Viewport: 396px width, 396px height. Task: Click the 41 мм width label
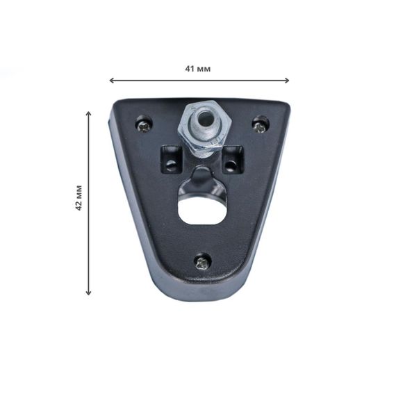point(198,69)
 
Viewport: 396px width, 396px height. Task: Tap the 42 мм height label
point(79,198)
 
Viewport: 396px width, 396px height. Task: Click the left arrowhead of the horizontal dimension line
point(111,81)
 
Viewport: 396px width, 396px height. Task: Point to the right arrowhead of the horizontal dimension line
point(286,81)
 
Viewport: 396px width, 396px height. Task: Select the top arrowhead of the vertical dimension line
point(88,113)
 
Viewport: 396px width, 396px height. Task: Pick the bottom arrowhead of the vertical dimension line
point(88,292)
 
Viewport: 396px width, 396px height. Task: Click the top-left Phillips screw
point(144,125)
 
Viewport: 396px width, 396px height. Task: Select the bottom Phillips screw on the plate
point(203,263)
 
